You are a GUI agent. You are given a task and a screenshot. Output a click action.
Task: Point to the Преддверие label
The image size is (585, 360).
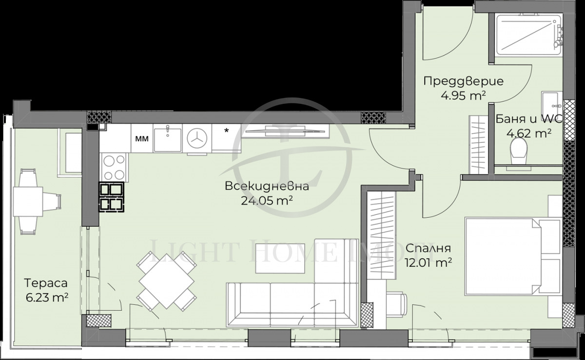click(456, 81)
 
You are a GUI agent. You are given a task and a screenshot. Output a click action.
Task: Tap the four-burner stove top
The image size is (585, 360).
click(114, 167)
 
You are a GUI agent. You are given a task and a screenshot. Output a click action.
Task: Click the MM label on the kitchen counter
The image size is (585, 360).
click(141, 138)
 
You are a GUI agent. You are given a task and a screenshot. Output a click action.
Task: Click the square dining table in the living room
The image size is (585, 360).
click(167, 281)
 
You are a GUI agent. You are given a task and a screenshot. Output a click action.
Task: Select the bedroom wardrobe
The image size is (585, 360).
click(381, 236)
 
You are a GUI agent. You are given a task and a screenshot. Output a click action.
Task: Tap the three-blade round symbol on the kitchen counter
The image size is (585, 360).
click(197, 138)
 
